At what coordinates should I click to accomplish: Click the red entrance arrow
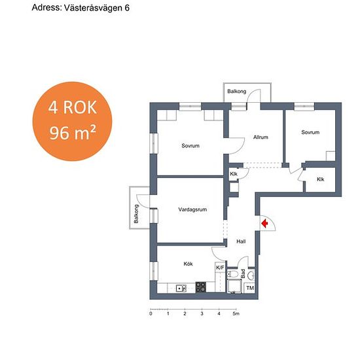265,223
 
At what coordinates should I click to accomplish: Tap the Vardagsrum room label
192,209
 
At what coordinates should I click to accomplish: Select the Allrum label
261,137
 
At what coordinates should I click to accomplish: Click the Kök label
188,264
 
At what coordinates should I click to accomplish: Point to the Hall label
241,242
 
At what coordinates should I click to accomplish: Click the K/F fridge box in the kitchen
220,268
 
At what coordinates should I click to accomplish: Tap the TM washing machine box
250,288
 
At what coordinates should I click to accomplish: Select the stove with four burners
201,287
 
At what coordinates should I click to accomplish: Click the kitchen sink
181,288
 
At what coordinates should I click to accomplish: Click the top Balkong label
237,92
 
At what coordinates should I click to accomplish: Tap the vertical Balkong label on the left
136,214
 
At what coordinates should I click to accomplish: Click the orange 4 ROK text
72,107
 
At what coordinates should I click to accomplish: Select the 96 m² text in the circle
73,133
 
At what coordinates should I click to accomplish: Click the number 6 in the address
127,8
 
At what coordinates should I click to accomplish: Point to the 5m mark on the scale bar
236,314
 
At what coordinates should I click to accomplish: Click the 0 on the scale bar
151,314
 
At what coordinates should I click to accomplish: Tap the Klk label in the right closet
321,179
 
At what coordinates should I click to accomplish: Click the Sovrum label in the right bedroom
310,132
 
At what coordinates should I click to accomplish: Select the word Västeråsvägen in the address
93,8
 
